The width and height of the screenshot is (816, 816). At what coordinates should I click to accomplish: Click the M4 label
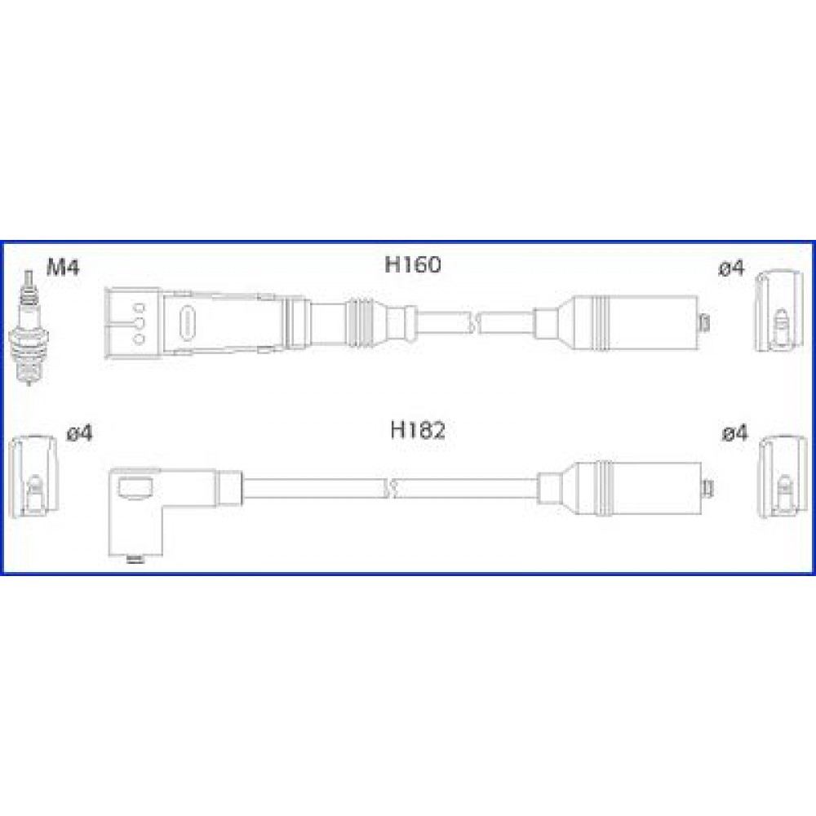click(x=63, y=268)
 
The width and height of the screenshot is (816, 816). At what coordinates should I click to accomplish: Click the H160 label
click(x=413, y=264)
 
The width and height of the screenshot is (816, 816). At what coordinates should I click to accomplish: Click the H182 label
click(x=418, y=430)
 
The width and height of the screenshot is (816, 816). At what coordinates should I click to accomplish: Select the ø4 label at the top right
click(x=732, y=268)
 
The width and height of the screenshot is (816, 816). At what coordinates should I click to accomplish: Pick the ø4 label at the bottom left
click(x=80, y=433)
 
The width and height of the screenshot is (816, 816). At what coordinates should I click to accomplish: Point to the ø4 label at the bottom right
click(x=735, y=433)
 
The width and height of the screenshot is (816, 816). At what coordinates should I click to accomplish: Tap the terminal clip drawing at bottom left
click(x=33, y=476)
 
